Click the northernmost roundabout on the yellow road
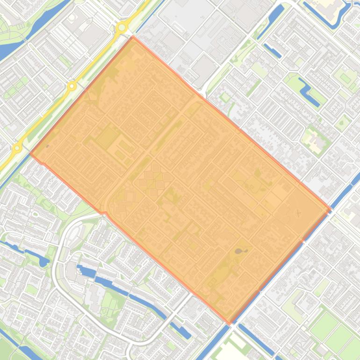pos(122,28)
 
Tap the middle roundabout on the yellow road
pos(72,86)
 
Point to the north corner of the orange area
pos(133,36)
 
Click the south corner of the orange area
pos(230,323)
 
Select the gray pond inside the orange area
pos(240,251)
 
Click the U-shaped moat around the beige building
pos(327,14)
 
